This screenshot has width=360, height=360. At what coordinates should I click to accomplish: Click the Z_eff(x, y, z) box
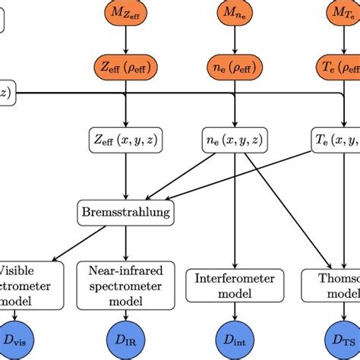pos(127,141)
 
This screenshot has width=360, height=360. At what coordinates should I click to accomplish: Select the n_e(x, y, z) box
pos(237,141)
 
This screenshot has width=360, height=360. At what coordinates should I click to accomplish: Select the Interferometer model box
pos(237,286)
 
